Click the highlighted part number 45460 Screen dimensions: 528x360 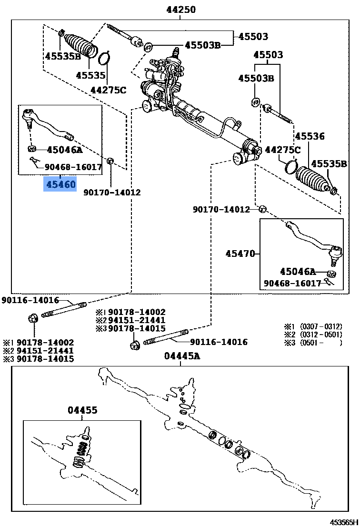pos(60,184)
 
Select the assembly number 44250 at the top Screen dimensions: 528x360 pos(181,10)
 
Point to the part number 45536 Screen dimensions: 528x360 pos(310,137)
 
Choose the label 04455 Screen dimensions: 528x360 pos(82,410)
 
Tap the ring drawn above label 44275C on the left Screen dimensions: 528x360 pos(105,60)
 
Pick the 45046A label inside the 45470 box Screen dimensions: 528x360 pos(298,272)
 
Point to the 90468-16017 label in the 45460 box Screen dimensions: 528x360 pos(74,167)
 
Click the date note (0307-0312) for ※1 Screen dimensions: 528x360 pos(320,326)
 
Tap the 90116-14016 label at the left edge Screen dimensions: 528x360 pos(30,300)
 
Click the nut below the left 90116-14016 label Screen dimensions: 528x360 pos(34,317)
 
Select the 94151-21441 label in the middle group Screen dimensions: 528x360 pos(137,320)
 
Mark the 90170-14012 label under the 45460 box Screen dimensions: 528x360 pos(112,193)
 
